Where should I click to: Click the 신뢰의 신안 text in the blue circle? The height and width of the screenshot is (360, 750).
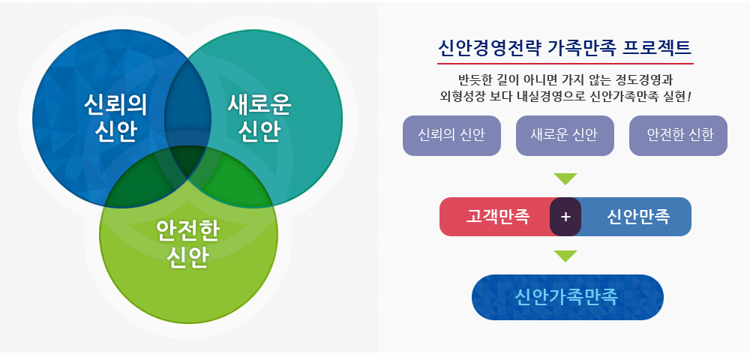(x=115, y=118)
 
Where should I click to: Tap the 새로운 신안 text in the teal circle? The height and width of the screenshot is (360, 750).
(x=259, y=118)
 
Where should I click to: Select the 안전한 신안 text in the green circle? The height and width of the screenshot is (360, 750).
(x=188, y=244)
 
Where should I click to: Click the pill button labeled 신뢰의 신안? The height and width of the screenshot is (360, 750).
(x=451, y=136)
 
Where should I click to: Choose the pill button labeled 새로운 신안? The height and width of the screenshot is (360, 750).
(x=565, y=136)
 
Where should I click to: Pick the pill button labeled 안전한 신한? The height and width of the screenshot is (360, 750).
(x=678, y=136)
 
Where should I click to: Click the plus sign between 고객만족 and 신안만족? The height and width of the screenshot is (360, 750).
(x=565, y=217)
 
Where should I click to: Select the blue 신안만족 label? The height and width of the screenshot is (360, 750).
(x=638, y=217)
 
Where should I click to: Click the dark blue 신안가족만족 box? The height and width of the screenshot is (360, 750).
(x=568, y=297)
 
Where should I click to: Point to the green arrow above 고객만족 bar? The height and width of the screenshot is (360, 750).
(x=565, y=178)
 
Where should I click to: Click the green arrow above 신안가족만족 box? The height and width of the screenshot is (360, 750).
(x=565, y=256)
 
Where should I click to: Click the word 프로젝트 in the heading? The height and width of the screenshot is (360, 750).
(x=657, y=48)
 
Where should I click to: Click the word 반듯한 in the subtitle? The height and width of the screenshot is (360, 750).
(x=473, y=79)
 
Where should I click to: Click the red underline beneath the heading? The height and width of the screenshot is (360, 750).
(x=565, y=64)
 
